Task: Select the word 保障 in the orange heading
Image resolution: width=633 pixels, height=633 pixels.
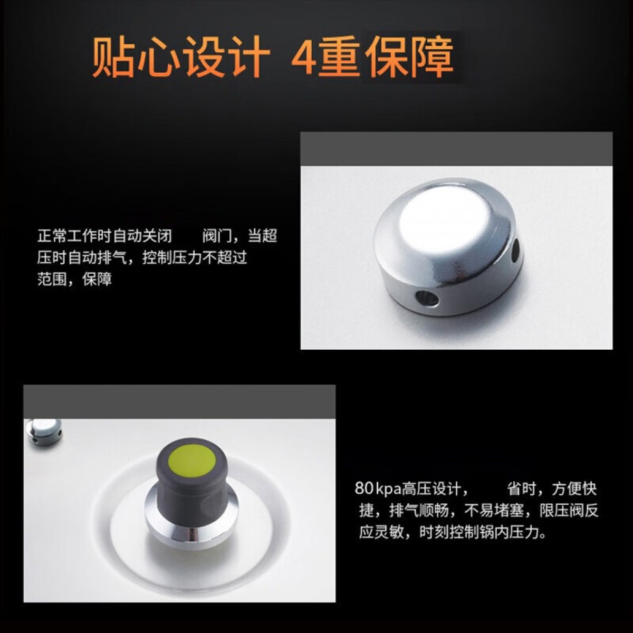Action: click(x=411, y=56)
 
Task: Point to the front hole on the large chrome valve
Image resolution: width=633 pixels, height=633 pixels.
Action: click(x=427, y=299)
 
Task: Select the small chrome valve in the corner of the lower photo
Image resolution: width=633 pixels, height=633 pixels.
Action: click(x=44, y=431)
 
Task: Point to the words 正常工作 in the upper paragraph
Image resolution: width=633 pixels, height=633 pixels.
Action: click(x=67, y=236)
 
